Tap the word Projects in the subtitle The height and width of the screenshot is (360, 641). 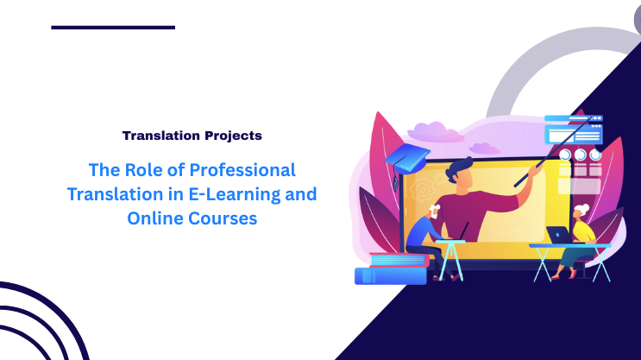coord(232,136)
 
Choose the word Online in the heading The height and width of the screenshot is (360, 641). coord(152,218)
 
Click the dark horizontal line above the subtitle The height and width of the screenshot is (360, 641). coord(113,27)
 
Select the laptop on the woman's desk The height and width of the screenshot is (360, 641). coord(558,235)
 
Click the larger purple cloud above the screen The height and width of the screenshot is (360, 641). coord(437,130)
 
